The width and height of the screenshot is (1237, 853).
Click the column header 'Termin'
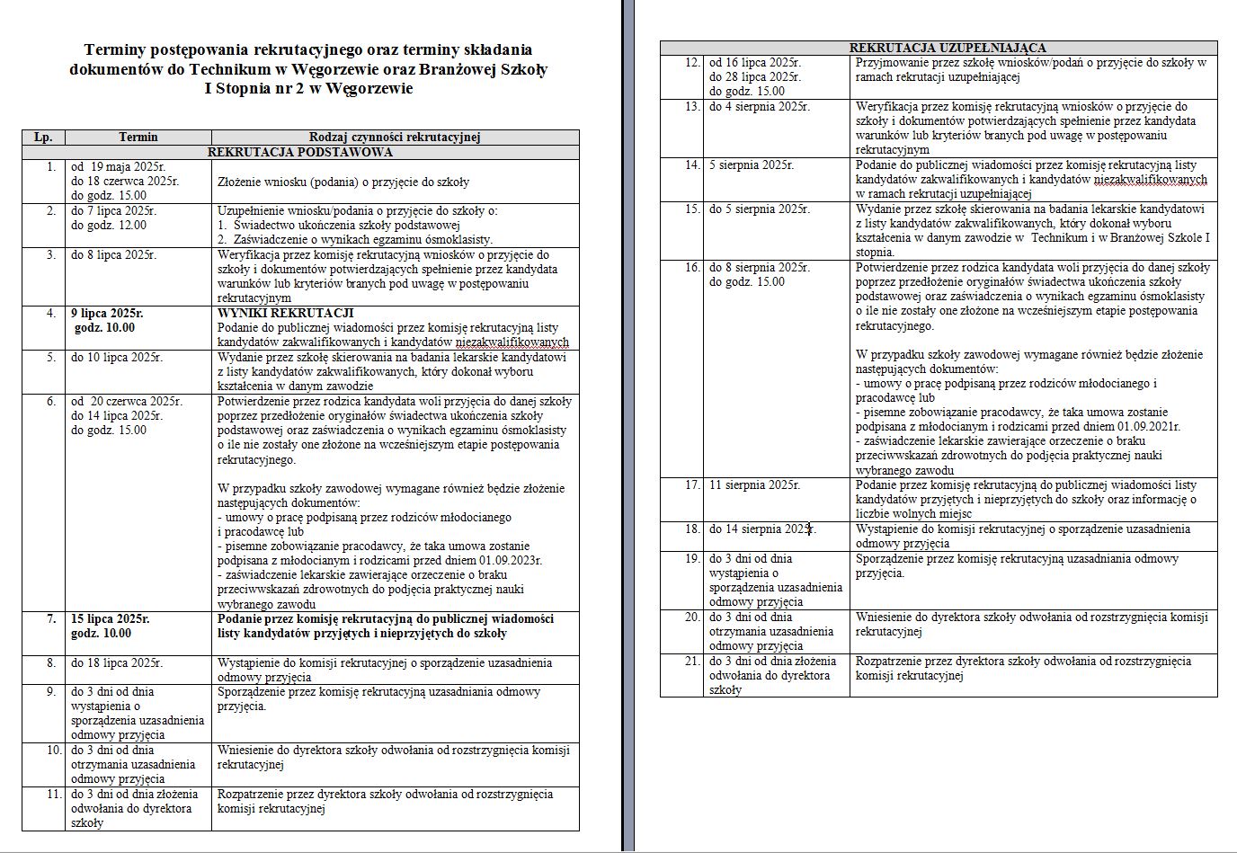[138, 138]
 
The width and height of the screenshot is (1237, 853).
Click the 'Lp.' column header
[43, 138]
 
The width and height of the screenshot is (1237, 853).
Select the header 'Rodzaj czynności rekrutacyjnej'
[395, 138]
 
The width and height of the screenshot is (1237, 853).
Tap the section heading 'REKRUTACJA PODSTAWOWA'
[299, 152]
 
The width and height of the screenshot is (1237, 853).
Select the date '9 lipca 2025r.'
[107, 313]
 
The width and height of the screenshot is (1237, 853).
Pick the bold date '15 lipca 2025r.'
[111, 619]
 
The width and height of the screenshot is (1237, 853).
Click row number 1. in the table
[50, 167]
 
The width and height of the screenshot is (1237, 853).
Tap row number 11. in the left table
[52, 795]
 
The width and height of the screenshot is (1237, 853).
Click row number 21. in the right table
[691, 662]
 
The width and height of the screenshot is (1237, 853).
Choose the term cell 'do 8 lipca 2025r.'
[113, 255]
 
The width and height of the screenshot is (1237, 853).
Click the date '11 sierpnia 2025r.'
[754, 485]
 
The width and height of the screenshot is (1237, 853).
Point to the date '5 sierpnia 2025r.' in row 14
[751, 165]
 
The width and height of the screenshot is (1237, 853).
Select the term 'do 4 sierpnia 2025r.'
[759, 107]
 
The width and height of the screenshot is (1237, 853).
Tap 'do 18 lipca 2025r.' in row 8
[117, 663]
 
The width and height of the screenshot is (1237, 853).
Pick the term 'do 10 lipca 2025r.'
[117, 358]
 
